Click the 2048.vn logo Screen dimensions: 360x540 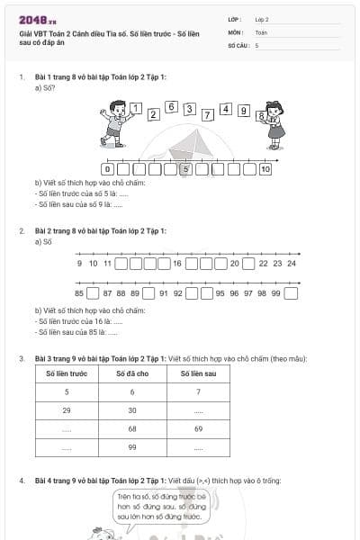(x=35, y=18)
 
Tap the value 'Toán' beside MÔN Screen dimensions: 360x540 (x=261, y=31)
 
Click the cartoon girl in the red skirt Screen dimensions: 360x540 (x=275, y=126)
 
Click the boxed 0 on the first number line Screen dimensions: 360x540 (x=108, y=168)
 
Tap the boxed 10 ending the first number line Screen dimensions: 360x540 (x=265, y=168)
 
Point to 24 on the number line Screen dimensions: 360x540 (x=292, y=263)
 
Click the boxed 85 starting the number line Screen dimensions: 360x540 (x=79, y=293)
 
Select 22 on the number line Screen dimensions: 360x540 (x=263, y=263)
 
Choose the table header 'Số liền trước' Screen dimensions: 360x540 (x=67, y=373)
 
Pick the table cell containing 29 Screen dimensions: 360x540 (x=67, y=410)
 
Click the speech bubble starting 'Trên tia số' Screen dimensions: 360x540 (x=158, y=505)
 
